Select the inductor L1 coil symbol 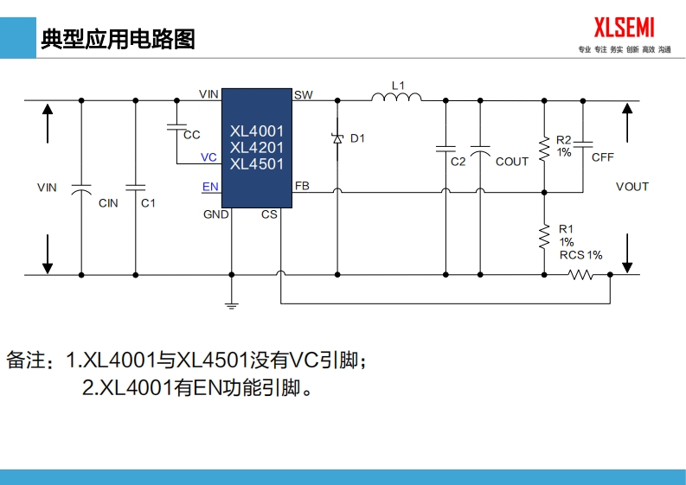pos(397,98)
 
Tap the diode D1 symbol pos(337,137)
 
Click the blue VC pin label pos(208,157)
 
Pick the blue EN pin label pos(210,187)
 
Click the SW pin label pos(304,95)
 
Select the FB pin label pos(302,186)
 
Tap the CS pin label pos(269,214)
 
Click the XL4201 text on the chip pos(257,148)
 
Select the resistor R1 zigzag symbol pos(544,234)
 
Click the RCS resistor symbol pos(580,275)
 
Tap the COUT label pos(512,162)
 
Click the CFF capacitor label pos(603,157)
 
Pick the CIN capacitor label pos(108,203)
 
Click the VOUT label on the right pos(632,187)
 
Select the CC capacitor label pos(192,135)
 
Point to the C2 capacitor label pos(458,162)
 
